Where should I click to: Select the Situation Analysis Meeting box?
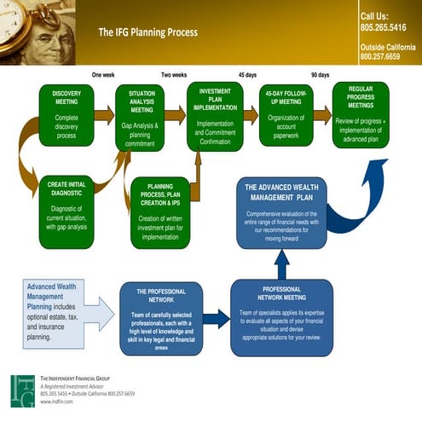click(141, 117)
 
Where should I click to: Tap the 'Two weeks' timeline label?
click(174, 75)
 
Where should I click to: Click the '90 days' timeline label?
click(320, 75)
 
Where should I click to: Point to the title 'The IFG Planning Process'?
click(147, 32)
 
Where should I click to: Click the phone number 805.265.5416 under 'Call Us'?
click(384, 27)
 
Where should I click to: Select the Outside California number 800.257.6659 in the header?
click(380, 56)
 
